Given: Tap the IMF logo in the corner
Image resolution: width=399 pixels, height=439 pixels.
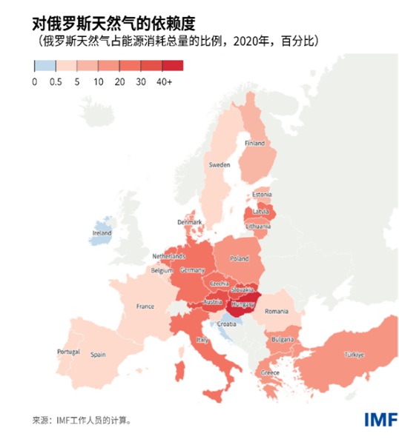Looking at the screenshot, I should pyautogui.click(x=380, y=418).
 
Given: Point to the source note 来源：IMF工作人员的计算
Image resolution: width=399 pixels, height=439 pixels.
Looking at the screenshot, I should pyautogui.click(x=82, y=420).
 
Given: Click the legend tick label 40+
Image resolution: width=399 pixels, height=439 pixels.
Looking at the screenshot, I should pyautogui.click(x=164, y=81).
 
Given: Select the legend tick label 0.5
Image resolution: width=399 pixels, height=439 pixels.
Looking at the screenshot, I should pyautogui.click(x=55, y=81).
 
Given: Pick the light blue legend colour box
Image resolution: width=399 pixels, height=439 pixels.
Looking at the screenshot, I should pyautogui.click(x=44, y=65).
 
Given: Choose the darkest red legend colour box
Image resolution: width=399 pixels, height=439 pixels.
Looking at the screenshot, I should pyautogui.click(x=172, y=65).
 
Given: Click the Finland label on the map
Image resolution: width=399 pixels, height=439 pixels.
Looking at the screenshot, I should pyautogui.click(x=254, y=143).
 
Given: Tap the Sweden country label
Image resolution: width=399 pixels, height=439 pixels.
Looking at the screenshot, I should pyautogui.click(x=220, y=164).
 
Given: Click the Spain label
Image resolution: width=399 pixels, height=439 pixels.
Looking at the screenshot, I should pyautogui.click(x=99, y=355).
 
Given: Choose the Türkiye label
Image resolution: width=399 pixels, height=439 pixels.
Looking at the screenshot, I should pyautogui.click(x=354, y=355).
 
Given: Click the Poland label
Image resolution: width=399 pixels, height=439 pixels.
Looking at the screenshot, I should pyautogui.click(x=239, y=259).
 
